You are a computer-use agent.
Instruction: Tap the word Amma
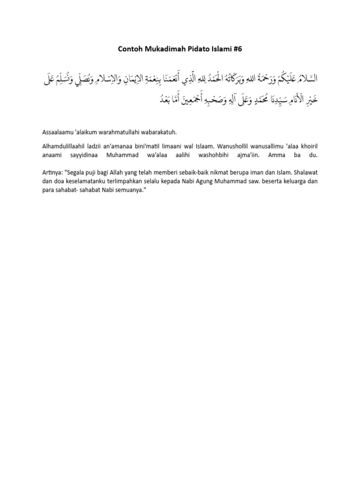point(283,154)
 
